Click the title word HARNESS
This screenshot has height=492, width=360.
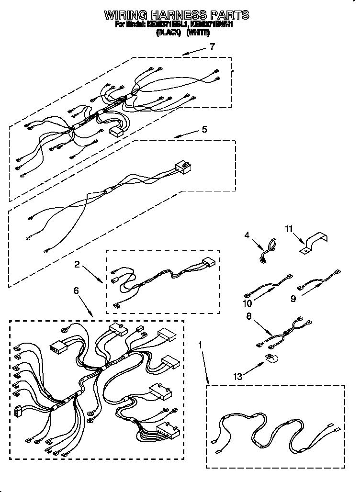(x=177, y=15)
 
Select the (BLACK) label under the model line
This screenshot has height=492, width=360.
(x=168, y=34)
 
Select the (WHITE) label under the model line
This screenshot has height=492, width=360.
(x=198, y=34)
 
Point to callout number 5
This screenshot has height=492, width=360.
(x=204, y=129)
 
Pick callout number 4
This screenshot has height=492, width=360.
(x=247, y=235)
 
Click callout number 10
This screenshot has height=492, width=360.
(x=247, y=303)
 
